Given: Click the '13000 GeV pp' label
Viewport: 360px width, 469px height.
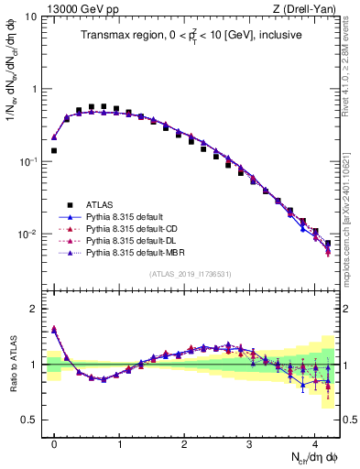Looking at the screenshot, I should click(x=78, y=8).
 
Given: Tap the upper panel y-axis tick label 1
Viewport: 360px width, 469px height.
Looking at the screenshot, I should click(x=35, y=90).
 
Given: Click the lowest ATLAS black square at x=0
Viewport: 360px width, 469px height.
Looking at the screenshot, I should click(x=54, y=150).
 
